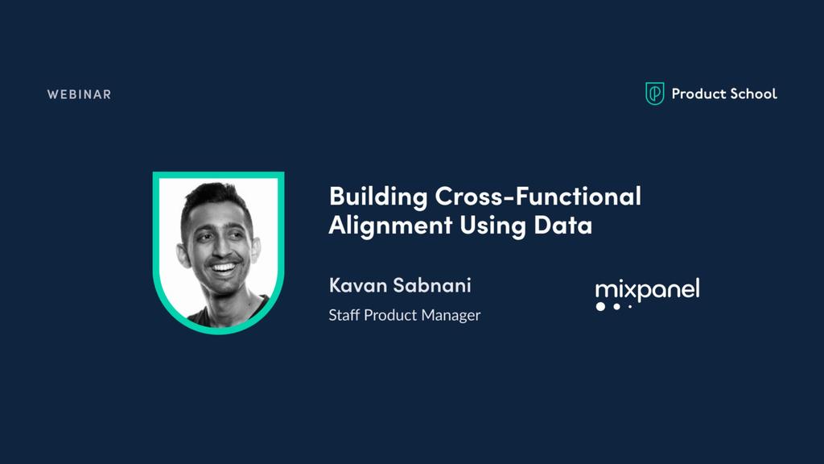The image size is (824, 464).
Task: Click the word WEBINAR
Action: point(79,94)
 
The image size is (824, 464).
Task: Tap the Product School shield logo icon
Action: point(655,93)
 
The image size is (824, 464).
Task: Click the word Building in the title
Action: point(378,197)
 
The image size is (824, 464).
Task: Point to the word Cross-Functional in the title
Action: point(538,196)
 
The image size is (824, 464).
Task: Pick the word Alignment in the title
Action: point(390,226)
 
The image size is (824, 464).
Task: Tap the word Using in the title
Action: point(492,226)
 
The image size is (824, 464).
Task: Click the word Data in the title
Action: point(562,224)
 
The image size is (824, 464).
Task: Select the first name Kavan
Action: point(358,285)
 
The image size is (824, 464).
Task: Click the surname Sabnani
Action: point(432,285)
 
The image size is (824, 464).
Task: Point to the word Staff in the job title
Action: point(344,315)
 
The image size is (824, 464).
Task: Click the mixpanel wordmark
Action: point(648,290)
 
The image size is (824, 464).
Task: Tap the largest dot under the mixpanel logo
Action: point(600,306)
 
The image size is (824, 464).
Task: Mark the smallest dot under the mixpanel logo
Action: point(630,306)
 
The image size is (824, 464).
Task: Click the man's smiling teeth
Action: point(224,267)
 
